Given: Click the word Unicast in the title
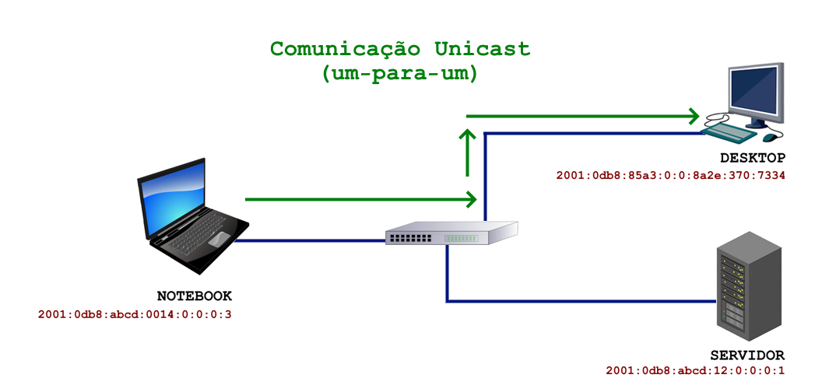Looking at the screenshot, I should [483, 49].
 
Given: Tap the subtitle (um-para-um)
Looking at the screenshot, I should [399, 75].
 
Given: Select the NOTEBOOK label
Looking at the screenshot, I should [195, 296].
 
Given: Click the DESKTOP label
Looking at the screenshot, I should [753, 158].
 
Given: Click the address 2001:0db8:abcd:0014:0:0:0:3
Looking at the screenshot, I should [135, 315].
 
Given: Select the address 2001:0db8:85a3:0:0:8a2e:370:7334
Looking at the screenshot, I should [670, 176].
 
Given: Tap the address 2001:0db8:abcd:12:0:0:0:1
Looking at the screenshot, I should [695, 371].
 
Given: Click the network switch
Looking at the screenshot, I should [451, 233].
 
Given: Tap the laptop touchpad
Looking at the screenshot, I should [219, 239].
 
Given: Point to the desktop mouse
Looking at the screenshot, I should [771, 137].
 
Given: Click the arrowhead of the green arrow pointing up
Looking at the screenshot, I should [467, 136].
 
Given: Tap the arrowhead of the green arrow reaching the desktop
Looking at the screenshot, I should [692, 117].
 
